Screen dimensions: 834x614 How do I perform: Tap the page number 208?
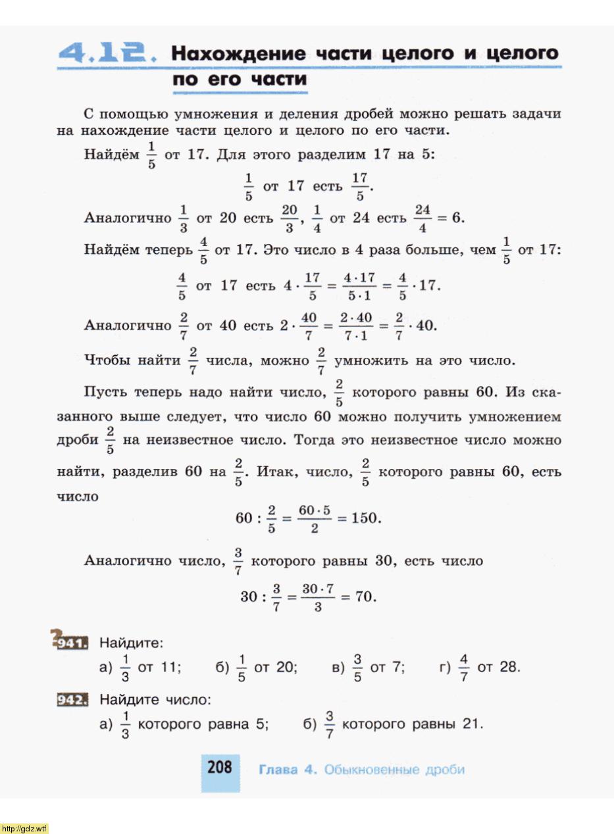pyautogui.click(x=220, y=767)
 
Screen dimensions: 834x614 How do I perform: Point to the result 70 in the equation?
pyautogui.click(x=364, y=597)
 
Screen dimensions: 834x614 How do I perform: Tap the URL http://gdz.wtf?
pyautogui.click(x=25, y=828)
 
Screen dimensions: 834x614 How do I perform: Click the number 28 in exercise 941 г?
pyautogui.click(x=509, y=667)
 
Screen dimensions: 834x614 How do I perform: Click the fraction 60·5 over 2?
pyautogui.click(x=313, y=518)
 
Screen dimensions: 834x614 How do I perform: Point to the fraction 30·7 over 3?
pyautogui.click(x=318, y=597)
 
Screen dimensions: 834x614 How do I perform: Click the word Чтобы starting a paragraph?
pyautogui.click(x=109, y=360)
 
